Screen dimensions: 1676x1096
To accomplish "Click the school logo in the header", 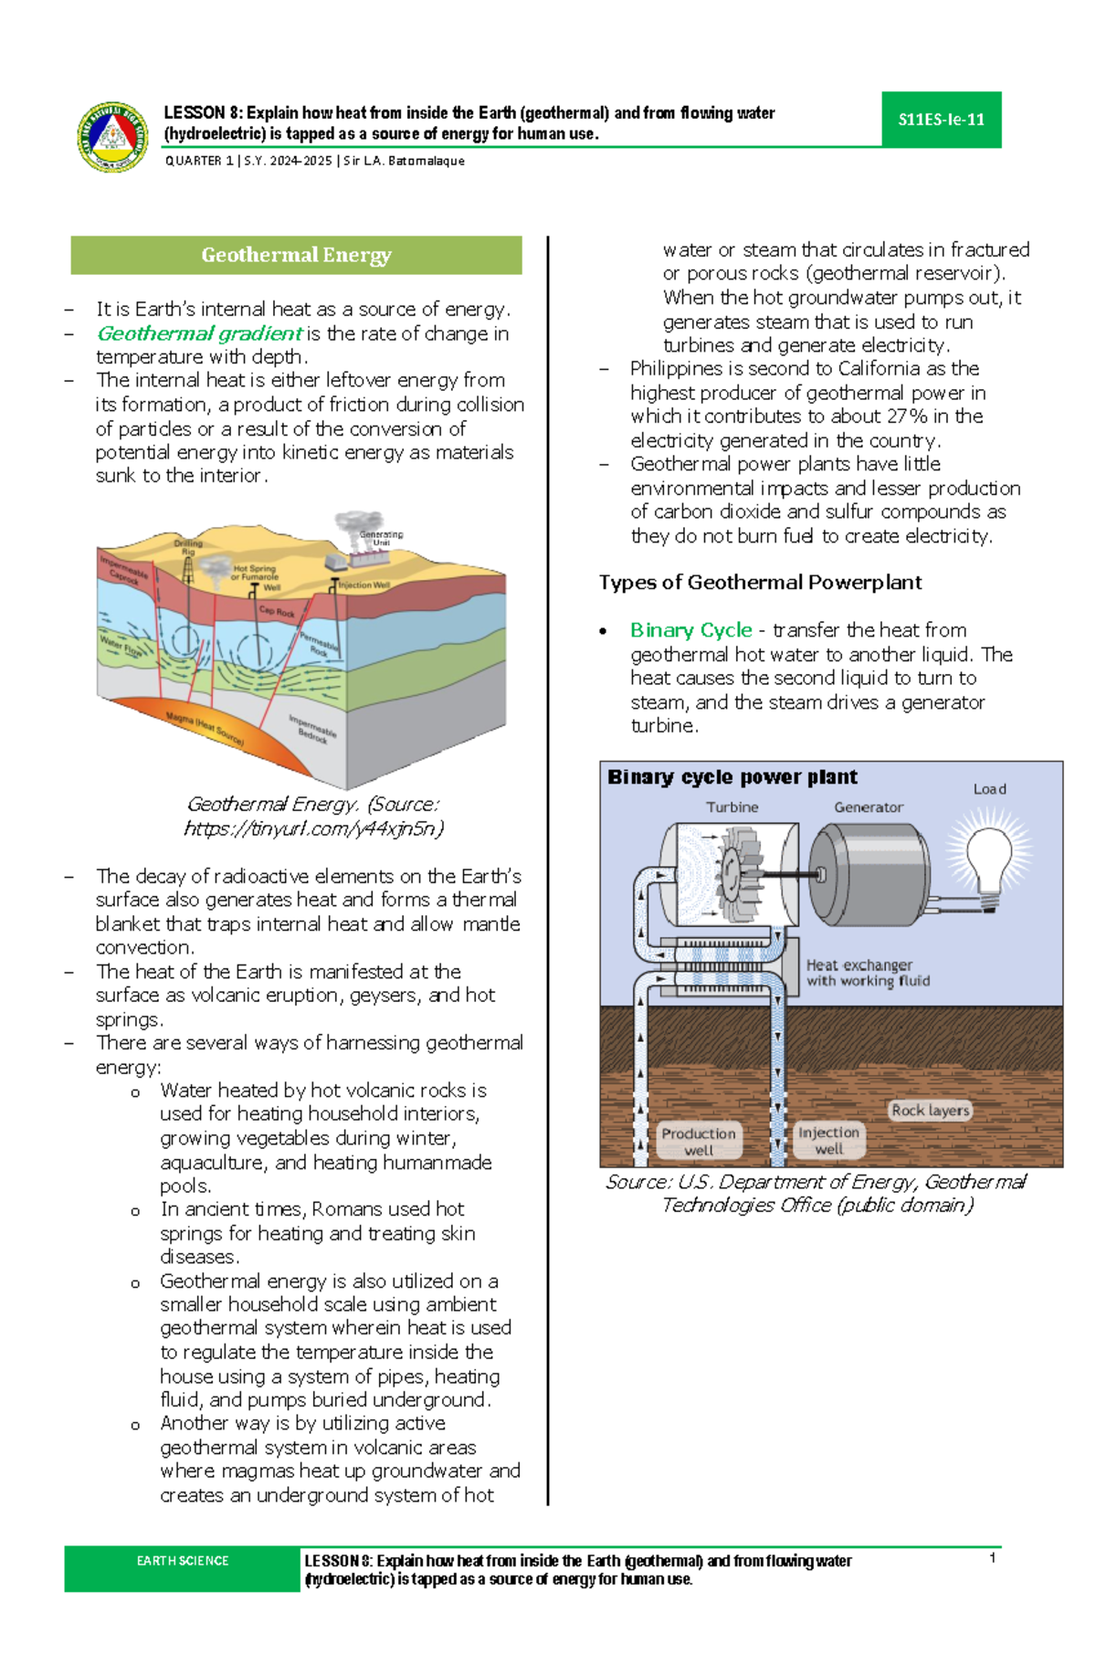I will [112, 137].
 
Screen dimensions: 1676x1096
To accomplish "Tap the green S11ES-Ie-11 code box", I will [941, 120].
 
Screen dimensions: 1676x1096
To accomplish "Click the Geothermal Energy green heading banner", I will [296, 256].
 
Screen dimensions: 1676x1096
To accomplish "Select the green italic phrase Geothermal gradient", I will [199, 333].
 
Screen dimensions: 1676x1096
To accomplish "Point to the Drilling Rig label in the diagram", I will [188, 547].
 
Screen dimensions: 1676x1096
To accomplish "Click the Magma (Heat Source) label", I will [205, 730].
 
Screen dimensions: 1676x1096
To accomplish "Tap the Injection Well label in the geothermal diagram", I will [364, 585].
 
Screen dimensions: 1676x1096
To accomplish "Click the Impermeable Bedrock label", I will [312, 729].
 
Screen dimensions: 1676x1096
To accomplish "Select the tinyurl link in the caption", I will [313, 828].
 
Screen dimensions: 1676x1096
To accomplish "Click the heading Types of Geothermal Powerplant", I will [760, 583].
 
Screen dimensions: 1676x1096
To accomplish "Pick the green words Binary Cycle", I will [690, 630].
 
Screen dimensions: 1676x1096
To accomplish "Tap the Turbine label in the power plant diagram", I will [732, 807].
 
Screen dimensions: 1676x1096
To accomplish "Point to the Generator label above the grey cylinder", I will [868, 807].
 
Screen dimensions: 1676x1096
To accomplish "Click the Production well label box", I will [699, 1141].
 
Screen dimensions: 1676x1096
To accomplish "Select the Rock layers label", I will [930, 1111].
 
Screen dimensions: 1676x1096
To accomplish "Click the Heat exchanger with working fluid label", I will [867, 973].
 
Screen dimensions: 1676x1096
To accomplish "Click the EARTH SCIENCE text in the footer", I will [183, 1561].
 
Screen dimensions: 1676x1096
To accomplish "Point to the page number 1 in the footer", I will [992, 1558].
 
